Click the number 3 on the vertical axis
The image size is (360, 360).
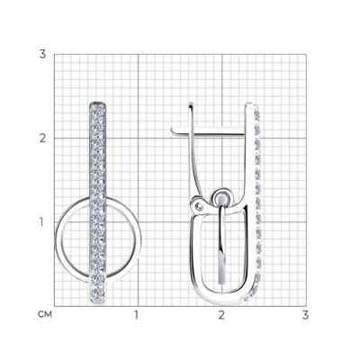(42, 55)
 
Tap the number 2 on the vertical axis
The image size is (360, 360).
(42, 139)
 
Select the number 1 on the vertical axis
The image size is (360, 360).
(42, 222)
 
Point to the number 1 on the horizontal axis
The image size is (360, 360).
(137, 315)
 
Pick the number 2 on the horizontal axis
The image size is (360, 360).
(221, 315)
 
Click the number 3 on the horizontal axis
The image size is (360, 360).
(305, 315)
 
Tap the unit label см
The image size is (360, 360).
(45, 315)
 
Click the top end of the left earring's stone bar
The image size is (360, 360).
(98, 103)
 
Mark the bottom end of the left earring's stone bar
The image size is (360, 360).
(98, 303)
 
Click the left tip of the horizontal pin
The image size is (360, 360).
(172, 130)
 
